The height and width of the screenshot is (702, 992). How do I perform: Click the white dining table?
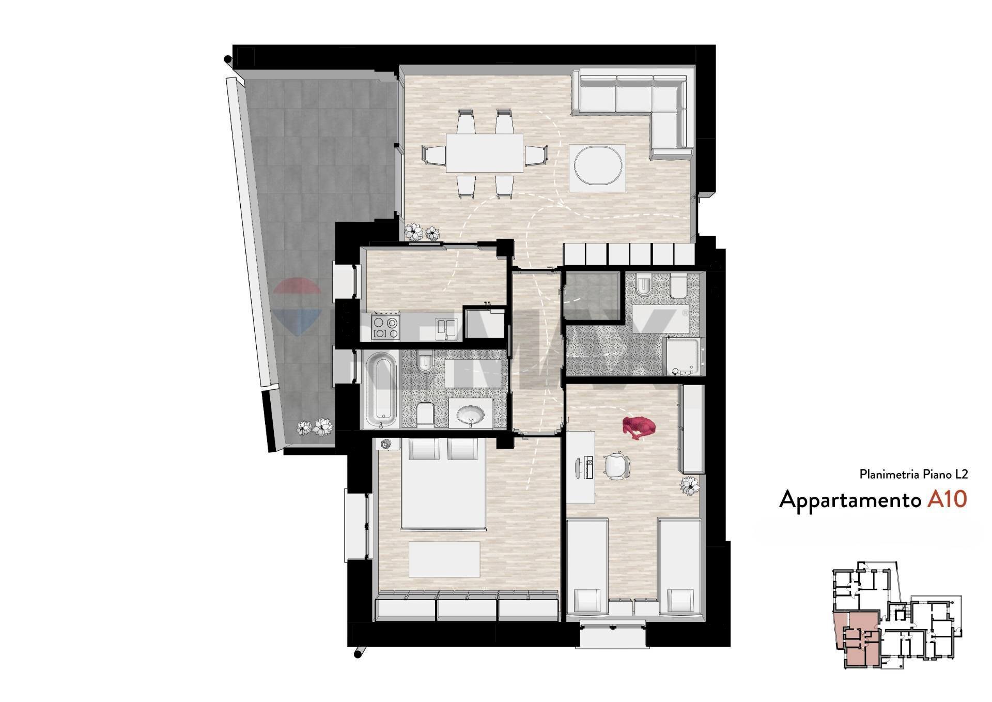pos(485,153)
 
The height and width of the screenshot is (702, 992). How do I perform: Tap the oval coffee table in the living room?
pos(598,168)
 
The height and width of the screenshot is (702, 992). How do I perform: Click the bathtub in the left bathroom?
pos(380,389)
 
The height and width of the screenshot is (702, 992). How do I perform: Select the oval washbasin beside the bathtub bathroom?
pos(471,414)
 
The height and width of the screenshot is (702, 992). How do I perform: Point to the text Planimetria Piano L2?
pos(913,474)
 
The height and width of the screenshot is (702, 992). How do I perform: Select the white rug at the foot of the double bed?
pos(444,559)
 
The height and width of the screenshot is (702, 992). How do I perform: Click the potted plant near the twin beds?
pos(690,486)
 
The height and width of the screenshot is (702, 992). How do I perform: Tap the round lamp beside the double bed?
pos(386,444)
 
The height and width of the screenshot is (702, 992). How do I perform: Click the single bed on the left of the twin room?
pos(587,568)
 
